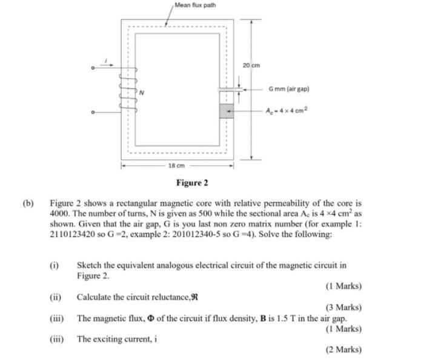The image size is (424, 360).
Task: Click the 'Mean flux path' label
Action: [194, 5]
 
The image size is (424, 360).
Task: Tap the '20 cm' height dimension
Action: [251, 65]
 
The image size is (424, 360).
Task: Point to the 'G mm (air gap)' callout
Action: [289, 89]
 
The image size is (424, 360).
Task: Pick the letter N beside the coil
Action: [142, 93]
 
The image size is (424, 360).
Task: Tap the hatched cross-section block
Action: [226, 111]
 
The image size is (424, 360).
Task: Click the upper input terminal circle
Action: [93, 68]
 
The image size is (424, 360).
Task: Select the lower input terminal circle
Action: [93, 113]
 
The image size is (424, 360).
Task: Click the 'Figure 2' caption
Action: [192, 183]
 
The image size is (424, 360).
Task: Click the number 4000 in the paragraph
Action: [61, 214]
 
